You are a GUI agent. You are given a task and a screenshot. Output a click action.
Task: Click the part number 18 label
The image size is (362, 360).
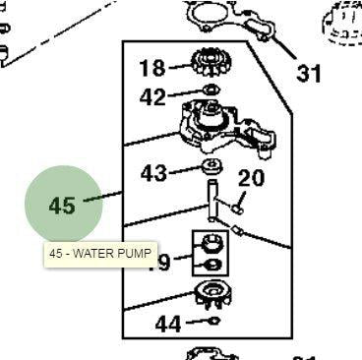click(151, 68)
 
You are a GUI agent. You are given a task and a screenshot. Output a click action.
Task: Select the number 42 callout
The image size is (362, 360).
click(152, 96)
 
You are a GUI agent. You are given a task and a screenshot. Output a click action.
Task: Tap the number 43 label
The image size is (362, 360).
click(154, 173)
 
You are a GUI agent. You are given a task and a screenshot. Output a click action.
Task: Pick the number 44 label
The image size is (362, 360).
click(168, 324)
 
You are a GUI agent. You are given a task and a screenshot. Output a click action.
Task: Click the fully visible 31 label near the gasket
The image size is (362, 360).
click(310, 74)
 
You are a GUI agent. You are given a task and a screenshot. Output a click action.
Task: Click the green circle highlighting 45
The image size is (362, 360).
click(63, 206)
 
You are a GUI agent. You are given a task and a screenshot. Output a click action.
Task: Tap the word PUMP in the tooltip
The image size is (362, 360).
click(135, 254)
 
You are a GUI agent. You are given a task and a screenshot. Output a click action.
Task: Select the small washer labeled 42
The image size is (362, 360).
click(210, 92)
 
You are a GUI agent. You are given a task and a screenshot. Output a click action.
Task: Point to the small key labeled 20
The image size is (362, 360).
click(238, 207)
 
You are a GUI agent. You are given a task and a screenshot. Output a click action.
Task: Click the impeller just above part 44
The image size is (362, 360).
click(211, 292)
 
